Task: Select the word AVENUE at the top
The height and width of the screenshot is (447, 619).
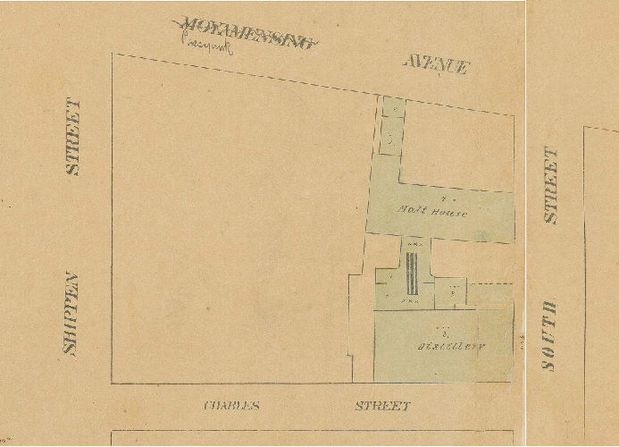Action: pyautogui.click(x=435, y=64)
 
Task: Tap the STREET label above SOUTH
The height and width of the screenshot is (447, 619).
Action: pyautogui.click(x=551, y=185)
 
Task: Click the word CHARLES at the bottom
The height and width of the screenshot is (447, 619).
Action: pyautogui.click(x=231, y=406)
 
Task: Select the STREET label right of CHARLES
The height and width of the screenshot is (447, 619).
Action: pyautogui.click(x=382, y=406)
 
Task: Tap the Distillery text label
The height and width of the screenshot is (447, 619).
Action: pyautogui.click(x=442, y=344)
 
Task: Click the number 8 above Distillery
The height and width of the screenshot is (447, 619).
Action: pyautogui.click(x=444, y=329)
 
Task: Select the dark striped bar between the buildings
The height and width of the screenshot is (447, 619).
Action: pyautogui.click(x=412, y=274)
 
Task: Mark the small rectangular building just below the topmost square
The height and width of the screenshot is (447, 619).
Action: pyautogui.click(x=391, y=138)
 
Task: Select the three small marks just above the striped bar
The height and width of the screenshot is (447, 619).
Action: pyautogui.click(x=414, y=246)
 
